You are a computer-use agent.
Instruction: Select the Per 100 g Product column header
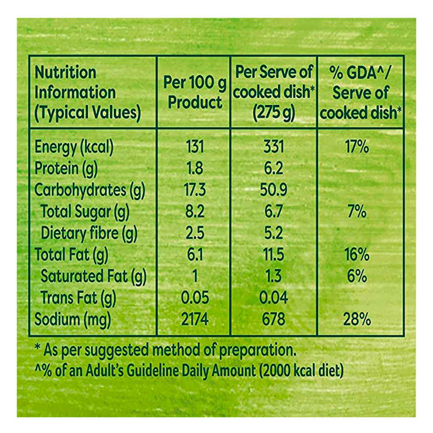pos(195,93)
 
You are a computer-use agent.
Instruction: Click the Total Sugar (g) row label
pos(85,212)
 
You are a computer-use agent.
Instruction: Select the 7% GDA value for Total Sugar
pos(357,212)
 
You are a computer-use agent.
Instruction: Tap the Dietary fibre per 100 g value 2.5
pos(195,233)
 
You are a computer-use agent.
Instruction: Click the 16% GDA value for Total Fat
pos(356,255)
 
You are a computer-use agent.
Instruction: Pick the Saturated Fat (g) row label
pos(93,276)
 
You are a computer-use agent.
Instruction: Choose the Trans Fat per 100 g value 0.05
pos(195,298)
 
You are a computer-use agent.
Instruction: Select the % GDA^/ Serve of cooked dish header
pos(361,93)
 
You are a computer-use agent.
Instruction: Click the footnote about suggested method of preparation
pos(165,350)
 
